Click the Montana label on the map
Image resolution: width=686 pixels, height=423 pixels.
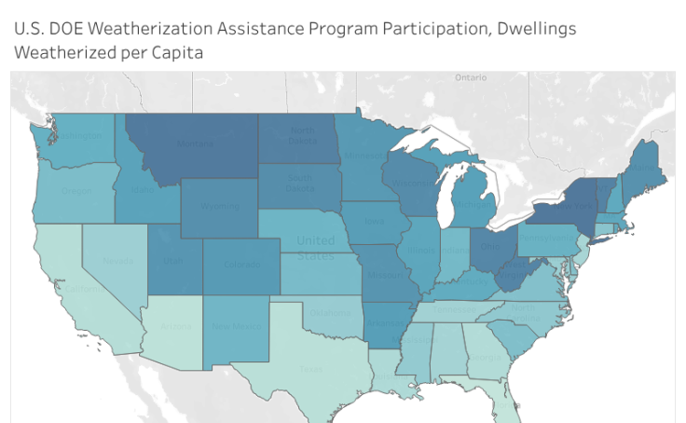(195, 143)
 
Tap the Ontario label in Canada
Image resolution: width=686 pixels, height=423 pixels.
(470, 77)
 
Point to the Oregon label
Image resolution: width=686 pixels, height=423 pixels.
(77, 190)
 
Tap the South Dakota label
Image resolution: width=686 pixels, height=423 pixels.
(299, 183)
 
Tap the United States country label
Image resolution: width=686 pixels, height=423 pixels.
(316, 248)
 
